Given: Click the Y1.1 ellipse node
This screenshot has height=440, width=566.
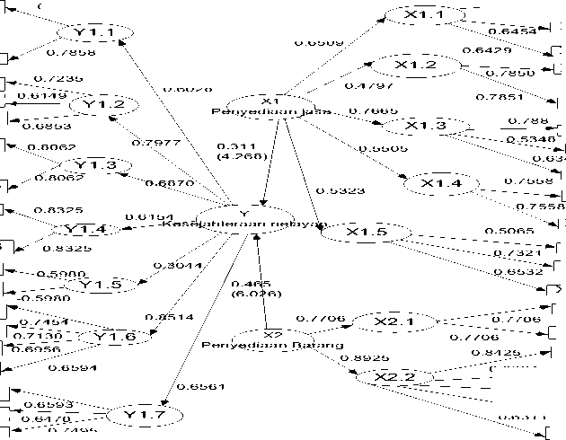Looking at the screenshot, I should pyautogui.click(x=95, y=33).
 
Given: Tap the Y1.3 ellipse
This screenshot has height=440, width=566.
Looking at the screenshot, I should pyautogui.click(x=95, y=166).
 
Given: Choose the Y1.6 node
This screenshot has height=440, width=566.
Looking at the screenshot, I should pyautogui.click(x=115, y=339).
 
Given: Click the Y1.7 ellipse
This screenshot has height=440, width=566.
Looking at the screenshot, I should pyautogui.click(x=143, y=415).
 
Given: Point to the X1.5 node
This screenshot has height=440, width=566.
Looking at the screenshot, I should pyautogui.click(x=366, y=233).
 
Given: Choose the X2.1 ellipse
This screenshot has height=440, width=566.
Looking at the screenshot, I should pyautogui.click(x=393, y=321).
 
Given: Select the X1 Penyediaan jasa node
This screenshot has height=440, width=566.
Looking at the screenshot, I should pyautogui.click(x=271, y=106).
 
